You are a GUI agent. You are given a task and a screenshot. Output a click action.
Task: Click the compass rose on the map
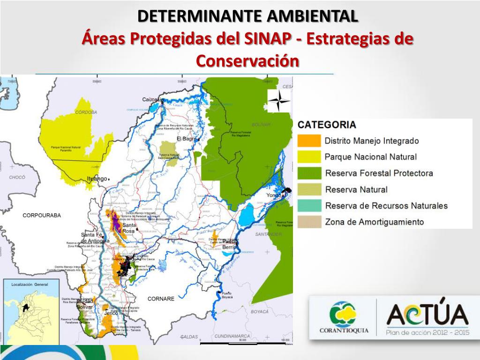tap(278, 100)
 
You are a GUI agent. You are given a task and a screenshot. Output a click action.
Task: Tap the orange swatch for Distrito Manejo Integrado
tap(309, 140)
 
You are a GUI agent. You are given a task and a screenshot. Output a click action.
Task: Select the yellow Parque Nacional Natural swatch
tap(309, 157)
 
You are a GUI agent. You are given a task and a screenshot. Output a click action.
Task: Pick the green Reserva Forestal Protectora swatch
tap(309, 173)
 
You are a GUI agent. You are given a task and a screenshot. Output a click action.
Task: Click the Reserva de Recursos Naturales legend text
tap(386, 206)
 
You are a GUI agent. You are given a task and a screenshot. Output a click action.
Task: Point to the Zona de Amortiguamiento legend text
tap(374, 222)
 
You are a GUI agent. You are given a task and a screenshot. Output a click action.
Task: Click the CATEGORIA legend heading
tap(327, 125)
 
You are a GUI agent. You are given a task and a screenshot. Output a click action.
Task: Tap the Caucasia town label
tap(153, 99)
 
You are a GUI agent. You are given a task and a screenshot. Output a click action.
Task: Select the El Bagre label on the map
tap(186, 139)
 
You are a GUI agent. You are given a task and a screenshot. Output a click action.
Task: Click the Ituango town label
tap(97, 179)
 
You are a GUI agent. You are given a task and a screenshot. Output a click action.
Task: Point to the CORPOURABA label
tap(42, 215)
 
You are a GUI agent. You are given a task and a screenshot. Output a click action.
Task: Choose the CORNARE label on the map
tap(161, 298)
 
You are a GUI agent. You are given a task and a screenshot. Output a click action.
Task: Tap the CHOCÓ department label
tap(17, 178)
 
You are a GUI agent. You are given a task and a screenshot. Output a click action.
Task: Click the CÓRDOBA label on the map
tap(86, 112)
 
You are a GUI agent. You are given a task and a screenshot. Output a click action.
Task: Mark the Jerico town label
tap(111, 313)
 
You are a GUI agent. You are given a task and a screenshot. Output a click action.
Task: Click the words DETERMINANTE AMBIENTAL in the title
tap(248, 16)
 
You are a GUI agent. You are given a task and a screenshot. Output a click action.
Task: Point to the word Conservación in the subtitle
tap(247, 61)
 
